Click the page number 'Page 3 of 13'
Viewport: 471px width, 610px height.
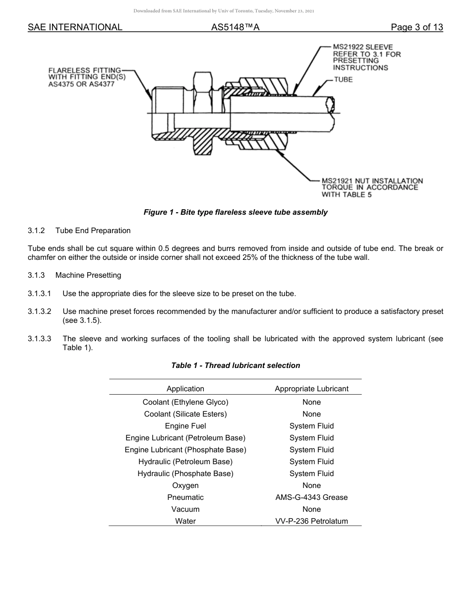pyautogui.click(x=416, y=27)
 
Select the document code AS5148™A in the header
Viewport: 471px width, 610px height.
pyautogui.click(x=235, y=27)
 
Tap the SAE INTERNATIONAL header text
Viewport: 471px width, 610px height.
pyautogui.click(x=75, y=27)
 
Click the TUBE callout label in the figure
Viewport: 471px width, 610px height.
pyautogui.click(x=343, y=79)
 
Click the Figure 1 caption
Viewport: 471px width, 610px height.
pyautogui.click(x=235, y=212)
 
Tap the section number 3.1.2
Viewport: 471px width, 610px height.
pyautogui.click(x=36, y=231)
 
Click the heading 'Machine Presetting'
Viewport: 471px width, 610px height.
pyautogui.click(x=88, y=275)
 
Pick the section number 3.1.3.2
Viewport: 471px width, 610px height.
pyautogui.click(x=40, y=311)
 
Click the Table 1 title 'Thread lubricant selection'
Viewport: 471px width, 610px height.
pyautogui.click(x=235, y=366)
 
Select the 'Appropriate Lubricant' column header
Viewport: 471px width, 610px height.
pyautogui.click(x=311, y=389)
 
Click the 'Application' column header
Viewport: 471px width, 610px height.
pyautogui.click(x=185, y=389)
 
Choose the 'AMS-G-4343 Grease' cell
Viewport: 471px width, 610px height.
pyautogui.click(x=311, y=497)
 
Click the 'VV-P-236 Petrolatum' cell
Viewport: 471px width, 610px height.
pyautogui.click(x=311, y=521)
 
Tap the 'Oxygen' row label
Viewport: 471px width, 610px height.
pyautogui.click(x=185, y=486)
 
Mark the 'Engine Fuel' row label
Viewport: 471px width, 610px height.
pyautogui.click(x=185, y=426)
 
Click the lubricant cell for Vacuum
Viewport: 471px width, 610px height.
pyautogui.click(x=311, y=509)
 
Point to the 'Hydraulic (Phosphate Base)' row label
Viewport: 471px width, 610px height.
pyautogui.click(x=185, y=474)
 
